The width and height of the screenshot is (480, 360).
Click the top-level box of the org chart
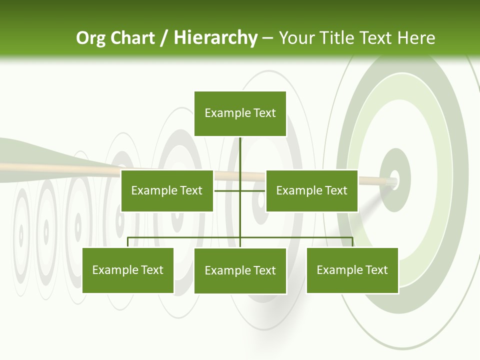(x=240, y=113)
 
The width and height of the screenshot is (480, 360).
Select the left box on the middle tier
(x=167, y=190)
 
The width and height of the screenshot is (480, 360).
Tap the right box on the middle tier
(x=312, y=190)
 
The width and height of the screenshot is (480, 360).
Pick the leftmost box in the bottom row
(x=128, y=270)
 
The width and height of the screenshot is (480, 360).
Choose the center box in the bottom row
(x=240, y=271)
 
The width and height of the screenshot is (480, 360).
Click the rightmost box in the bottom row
(x=352, y=270)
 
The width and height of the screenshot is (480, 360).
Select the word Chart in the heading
(x=132, y=38)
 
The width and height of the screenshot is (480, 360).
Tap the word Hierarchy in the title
(x=215, y=38)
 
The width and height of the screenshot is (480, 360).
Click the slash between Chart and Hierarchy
(x=164, y=38)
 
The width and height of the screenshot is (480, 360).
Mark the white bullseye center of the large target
(x=394, y=179)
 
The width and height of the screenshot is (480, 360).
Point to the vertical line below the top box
(x=240, y=155)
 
